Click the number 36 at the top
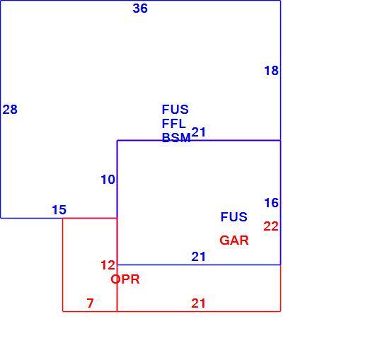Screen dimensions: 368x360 [140, 8]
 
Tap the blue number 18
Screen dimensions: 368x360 [271, 71]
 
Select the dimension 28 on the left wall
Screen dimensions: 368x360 [10, 110]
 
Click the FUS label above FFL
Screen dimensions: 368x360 [175, 110]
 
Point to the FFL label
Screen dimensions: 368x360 [174, 124]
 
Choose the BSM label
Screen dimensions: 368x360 [176, 138]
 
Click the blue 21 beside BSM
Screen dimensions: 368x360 [199, 132]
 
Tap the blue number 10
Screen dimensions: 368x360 [108, 180]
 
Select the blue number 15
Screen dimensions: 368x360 [59, 210]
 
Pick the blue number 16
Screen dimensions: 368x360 [271, 203]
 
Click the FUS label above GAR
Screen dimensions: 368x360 [234, 217]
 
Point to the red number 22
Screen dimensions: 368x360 [271, 226]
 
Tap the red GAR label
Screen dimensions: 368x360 [234, 240]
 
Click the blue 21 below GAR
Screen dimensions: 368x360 [198, 257]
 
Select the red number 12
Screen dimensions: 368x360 [108, 265]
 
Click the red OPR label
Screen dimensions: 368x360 [125, 279]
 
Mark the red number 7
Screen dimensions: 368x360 [90, 303]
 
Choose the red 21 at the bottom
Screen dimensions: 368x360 [198, 303]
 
